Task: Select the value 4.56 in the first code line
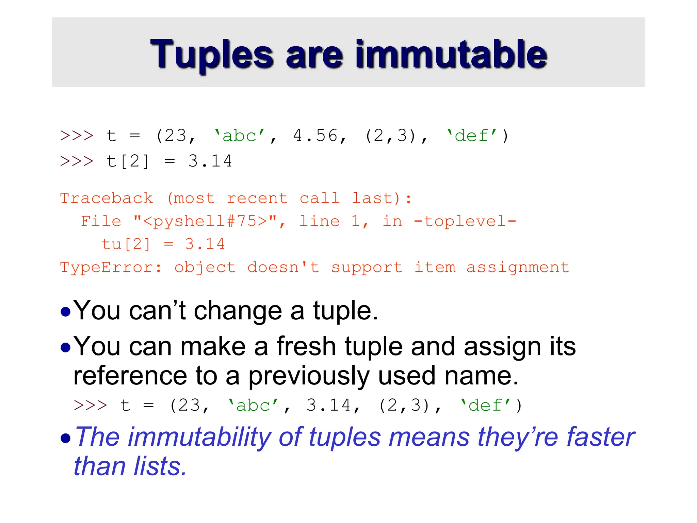point(315,136)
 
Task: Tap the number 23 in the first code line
point(176,136)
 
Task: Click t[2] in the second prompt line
point(128,161)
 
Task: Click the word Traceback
point(107,198)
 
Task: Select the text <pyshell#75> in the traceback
point(205,221)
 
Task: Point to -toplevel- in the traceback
point(465,221)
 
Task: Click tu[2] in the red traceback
point(126,244)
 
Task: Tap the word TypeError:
point(111,267)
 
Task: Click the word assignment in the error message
point(518,267)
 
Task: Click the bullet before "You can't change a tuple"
point(65,312)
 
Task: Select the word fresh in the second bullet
point(306,346)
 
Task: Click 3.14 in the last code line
point(328,405)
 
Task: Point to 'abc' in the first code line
point(239,136)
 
